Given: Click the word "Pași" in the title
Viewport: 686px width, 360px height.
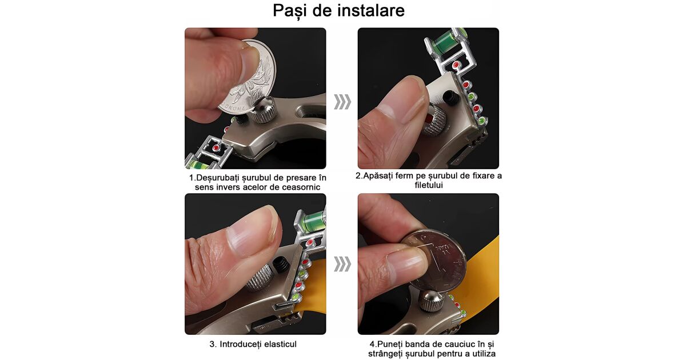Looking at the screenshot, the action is (290, 11).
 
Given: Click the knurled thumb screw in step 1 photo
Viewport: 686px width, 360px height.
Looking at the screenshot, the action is (263, 109).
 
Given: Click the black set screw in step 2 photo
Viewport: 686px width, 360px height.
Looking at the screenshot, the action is (452, 97).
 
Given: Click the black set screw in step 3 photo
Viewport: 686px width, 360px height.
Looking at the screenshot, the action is (281, 265).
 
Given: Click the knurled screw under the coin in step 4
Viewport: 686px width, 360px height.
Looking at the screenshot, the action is (431, 301).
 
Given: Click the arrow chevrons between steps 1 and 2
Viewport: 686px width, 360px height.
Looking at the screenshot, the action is (342, 102).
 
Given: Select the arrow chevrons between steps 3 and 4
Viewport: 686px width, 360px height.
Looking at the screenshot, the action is (342, 264).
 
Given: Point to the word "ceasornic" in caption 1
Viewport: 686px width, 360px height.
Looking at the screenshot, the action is (301, 187).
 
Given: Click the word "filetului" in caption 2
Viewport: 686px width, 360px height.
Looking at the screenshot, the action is (429, 185).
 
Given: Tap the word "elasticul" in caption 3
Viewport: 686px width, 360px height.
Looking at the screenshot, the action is (278, 344).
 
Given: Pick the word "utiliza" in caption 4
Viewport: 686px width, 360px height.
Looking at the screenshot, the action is (484, 354).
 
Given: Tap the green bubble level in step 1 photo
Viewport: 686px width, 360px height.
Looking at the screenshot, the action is (198, 165).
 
